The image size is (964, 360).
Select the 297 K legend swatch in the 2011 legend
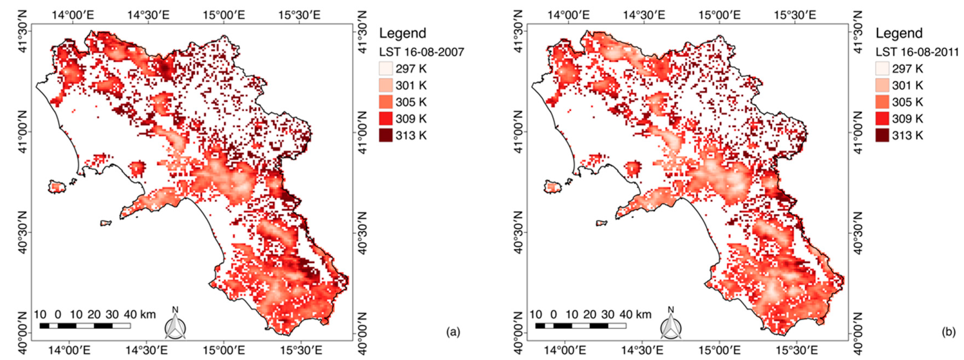point(882,69)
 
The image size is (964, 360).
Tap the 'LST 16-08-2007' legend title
point(421,52)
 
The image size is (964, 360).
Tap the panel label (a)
point(453,332)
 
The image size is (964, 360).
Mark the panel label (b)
point(949,332)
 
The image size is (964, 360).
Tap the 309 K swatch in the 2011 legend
point(882,119)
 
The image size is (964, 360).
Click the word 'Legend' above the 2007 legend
point(403,33)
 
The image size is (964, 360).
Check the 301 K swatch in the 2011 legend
point(882,85)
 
